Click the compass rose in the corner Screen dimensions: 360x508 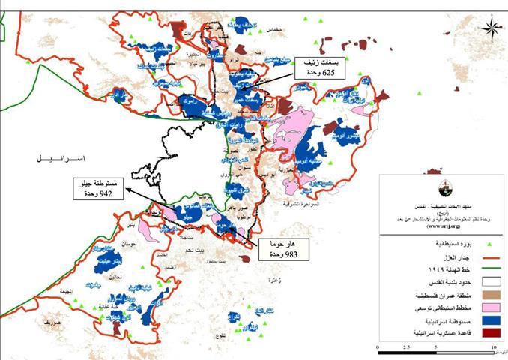pos(492,29)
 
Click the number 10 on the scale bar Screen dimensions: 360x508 pos(493,348)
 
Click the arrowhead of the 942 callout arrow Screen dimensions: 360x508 pos(126,192)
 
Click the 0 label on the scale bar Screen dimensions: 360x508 pos(379,348)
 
